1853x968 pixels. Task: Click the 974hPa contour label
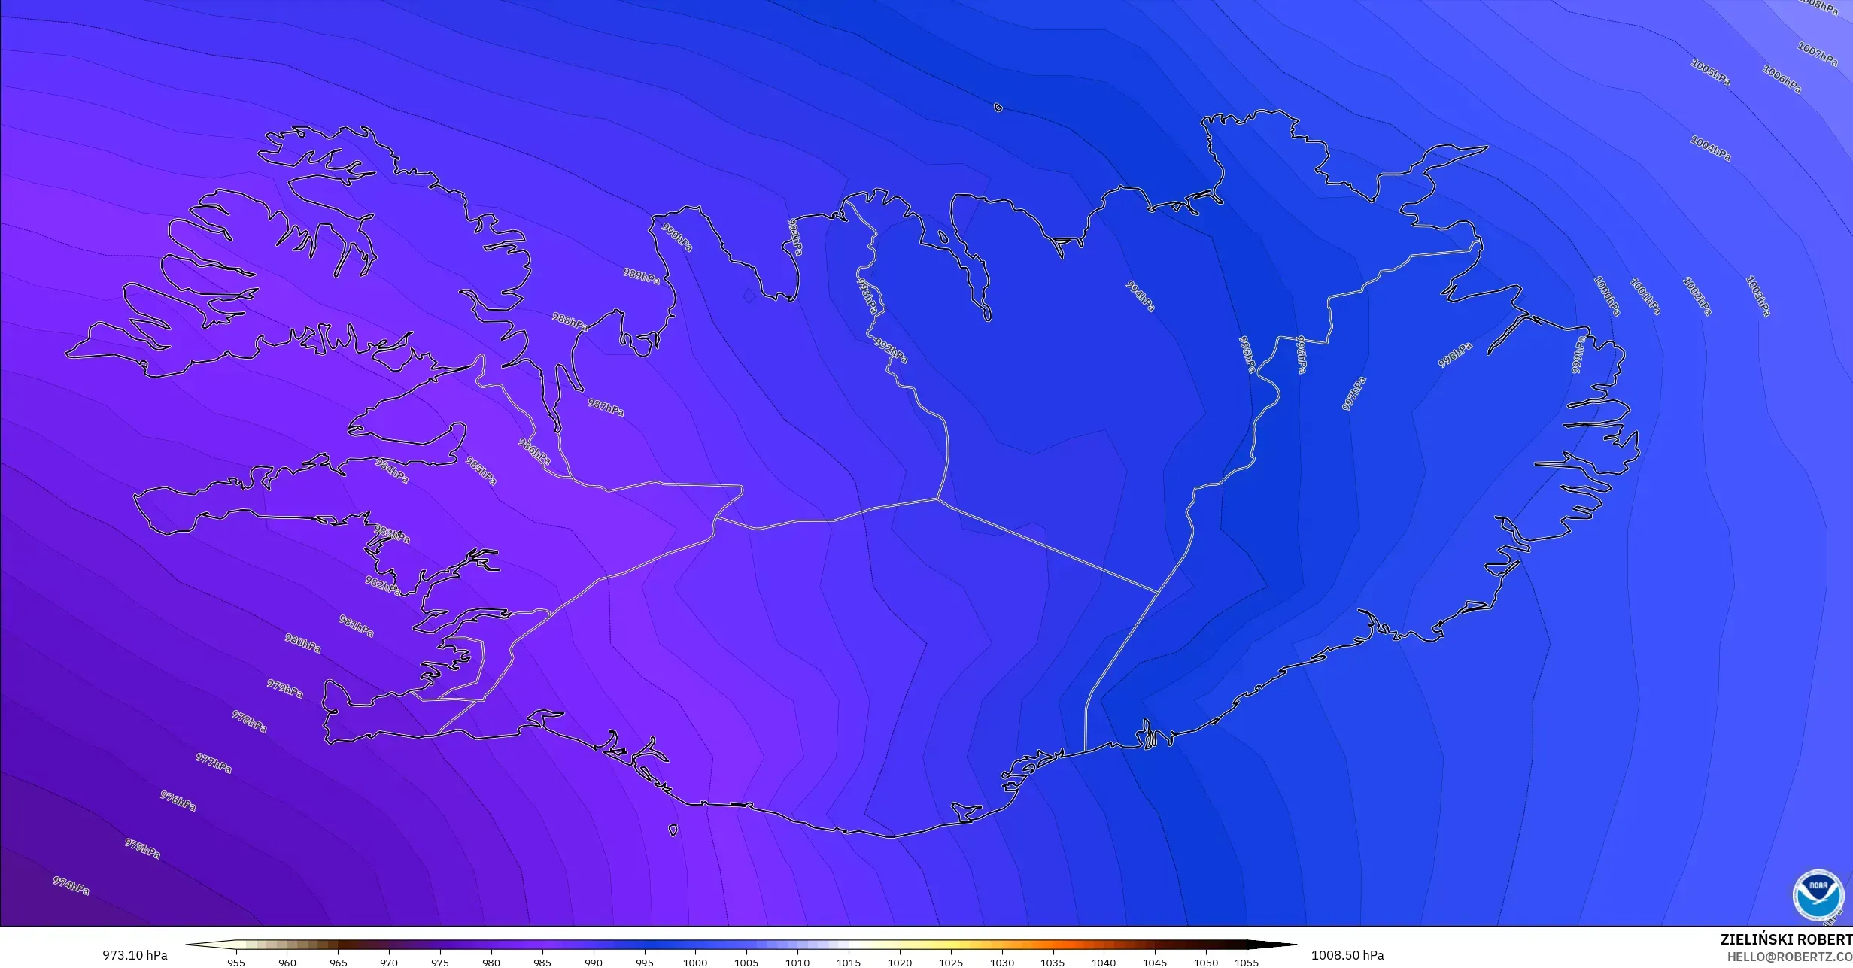[71, 885]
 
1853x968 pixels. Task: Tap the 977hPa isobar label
[214, 763]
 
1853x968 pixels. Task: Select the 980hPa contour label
[302, 643]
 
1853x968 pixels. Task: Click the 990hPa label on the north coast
[676, 236]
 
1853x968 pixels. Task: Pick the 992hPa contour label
[891, 350]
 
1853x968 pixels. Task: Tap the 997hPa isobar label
[1353, 393]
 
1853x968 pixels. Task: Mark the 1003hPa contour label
[1757, 296]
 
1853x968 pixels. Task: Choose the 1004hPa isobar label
[1710, 148]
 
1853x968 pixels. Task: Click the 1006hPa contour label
[1782, 79]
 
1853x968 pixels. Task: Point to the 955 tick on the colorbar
[236, 962]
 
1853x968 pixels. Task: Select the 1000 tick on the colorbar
[695, 962]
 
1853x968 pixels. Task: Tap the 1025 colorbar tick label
[951, 962]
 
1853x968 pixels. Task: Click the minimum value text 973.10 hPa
[135, 955]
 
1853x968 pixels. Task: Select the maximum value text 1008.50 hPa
[1347, 955]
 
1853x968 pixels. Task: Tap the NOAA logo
[1818, 895]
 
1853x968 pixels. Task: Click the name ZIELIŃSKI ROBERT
[1786, 939]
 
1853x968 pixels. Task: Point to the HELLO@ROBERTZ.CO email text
[1789, 957]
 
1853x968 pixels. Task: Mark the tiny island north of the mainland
[998, 108]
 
